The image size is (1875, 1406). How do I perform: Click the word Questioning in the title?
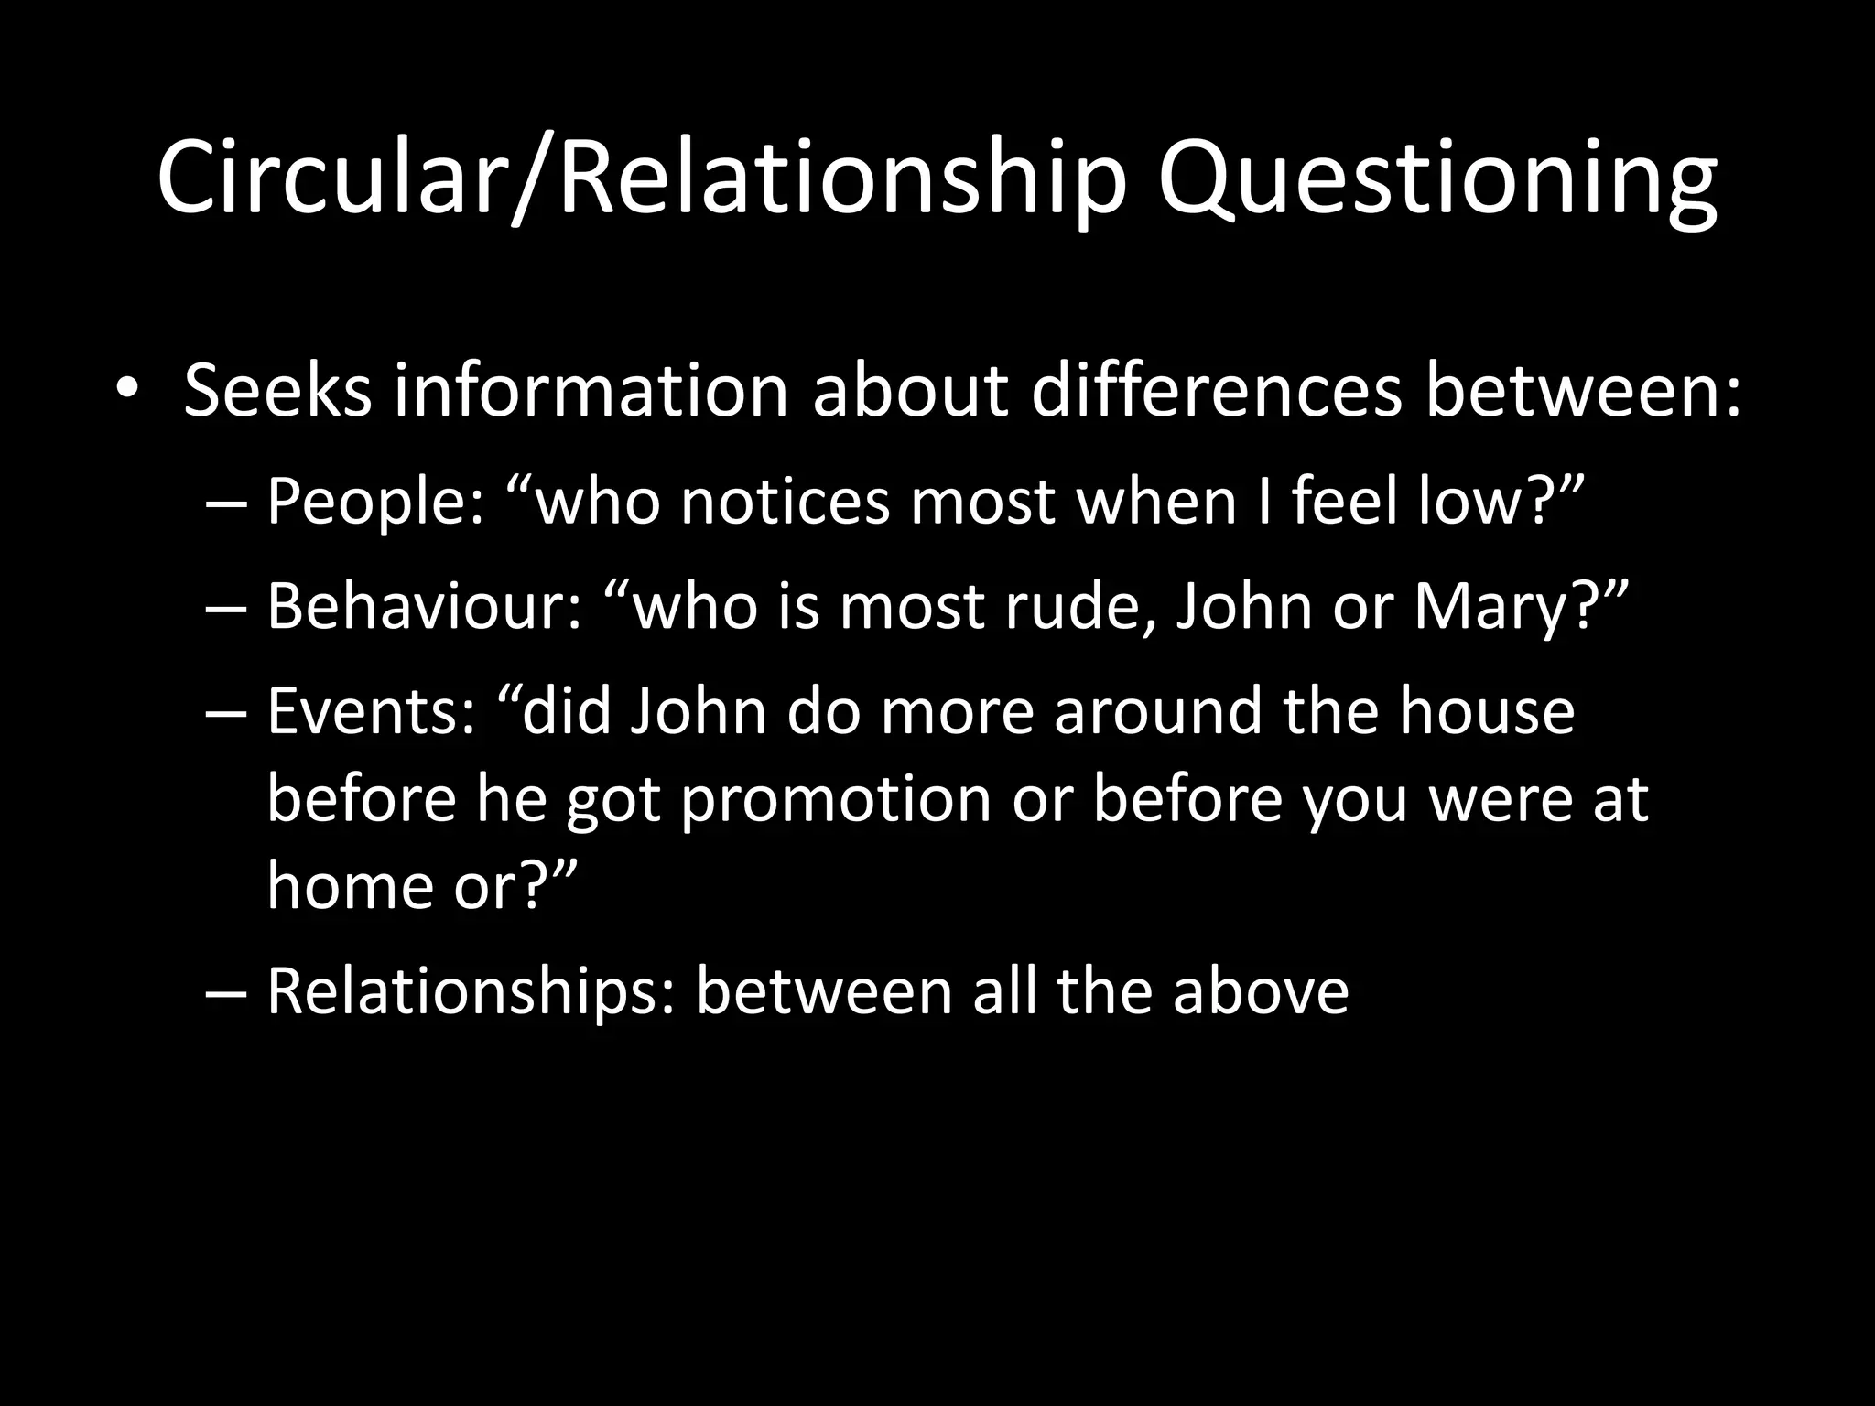(x=1436, y=179)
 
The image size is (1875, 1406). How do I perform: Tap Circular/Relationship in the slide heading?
(x=641, y=179)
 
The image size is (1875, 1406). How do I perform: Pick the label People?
(x=375, y=502)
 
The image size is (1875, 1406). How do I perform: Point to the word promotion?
(x=836, y=798)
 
